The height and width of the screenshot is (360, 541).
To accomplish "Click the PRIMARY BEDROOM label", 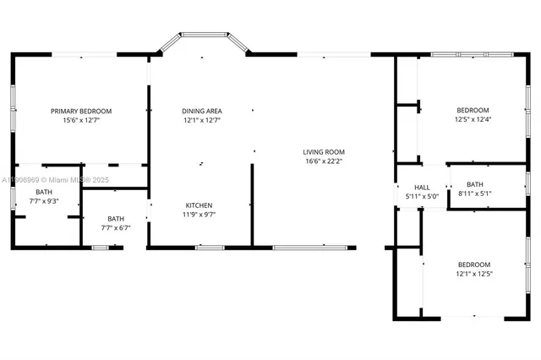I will point(81,111).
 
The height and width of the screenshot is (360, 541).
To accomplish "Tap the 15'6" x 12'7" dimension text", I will point(81,120).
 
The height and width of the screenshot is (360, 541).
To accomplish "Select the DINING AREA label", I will point(202,111).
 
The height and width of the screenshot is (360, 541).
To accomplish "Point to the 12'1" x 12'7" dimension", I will point(202,120).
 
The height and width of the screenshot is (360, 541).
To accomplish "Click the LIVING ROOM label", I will point(324,152).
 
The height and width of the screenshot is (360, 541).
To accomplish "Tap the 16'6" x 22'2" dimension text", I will point(324,161).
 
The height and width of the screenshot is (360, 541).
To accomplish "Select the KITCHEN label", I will point(199,205).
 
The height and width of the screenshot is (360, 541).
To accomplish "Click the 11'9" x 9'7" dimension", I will point(199,215).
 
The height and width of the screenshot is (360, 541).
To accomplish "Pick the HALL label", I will point(422,188).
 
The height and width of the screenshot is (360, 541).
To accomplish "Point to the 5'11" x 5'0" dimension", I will point(422,196).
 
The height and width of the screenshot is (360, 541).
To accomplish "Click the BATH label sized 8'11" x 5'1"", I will point(474,184).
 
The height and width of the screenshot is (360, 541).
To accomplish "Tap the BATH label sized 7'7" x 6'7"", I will point(115,218).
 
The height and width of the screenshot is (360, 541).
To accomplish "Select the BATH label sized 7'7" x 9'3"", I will point(19,193).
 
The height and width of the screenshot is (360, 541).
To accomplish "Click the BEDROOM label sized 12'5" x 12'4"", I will point(473,110).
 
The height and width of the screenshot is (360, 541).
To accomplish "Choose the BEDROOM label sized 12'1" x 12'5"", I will point(474,265).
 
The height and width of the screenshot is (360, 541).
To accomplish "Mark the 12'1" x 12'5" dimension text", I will point(474,274).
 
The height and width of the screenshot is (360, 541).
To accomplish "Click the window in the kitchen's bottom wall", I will point(209,248).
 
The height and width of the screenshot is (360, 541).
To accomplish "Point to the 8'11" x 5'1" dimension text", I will point(474,194).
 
